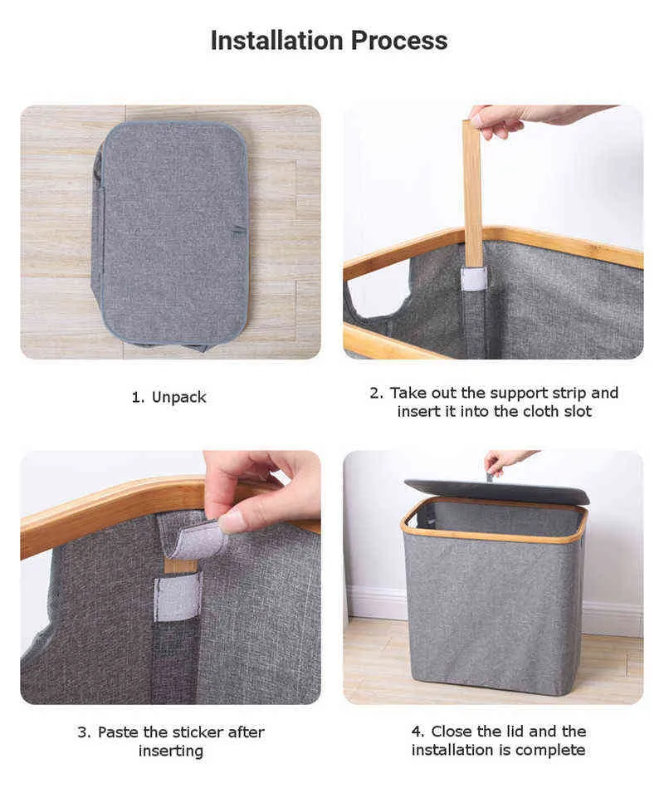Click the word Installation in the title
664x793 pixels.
pyautogui.click(x=276, y=41)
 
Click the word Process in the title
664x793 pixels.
pyautogui.click(x=399, y=41)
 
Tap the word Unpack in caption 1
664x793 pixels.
pyautogui.click(x=179, y=398)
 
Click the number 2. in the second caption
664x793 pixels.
pyautogui.click(x=377, y=393)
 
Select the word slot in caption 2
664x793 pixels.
pyautogui.click(x=578, y=411)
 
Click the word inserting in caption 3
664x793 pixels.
pyautogui.click(x=171, y=751)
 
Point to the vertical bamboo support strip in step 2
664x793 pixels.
pyautogui.click(x=473, y=193)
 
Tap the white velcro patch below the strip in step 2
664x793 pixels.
pyautogui.click(x=474, y=279)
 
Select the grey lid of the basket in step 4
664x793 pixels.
pyautogui.click(x=496, y=491)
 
